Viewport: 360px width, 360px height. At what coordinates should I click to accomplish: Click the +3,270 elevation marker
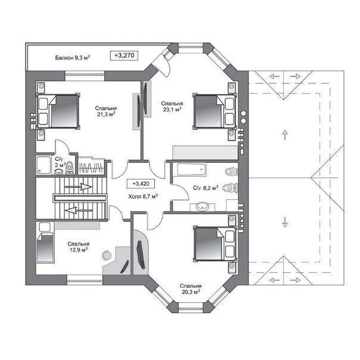124,55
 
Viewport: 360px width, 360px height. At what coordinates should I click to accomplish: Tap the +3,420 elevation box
141,184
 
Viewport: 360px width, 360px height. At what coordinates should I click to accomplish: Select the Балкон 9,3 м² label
73,57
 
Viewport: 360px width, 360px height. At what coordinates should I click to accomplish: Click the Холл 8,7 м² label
143,196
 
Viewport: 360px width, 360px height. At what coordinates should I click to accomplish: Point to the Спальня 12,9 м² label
79,247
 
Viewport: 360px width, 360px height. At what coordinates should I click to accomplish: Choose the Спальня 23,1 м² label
172,107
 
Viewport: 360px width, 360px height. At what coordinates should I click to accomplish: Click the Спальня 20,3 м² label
191,289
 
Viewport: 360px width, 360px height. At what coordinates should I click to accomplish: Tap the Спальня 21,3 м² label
106,111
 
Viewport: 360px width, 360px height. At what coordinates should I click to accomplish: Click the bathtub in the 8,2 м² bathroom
191,169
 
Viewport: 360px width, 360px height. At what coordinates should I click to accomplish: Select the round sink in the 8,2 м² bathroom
202,206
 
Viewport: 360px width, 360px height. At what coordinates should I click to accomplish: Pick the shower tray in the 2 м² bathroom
44,165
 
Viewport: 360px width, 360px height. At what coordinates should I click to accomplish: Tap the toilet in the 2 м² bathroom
70,168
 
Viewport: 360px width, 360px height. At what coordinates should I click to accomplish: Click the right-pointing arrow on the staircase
79,187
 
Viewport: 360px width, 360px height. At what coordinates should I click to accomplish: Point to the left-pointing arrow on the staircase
79,210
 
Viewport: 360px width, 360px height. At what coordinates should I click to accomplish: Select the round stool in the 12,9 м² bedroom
107,255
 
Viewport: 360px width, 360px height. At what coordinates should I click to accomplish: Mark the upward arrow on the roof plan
285,135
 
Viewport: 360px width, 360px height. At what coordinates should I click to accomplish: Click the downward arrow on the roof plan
285,222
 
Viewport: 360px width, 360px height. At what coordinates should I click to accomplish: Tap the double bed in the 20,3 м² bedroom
215,244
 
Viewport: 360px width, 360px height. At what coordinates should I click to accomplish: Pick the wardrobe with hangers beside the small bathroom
91,166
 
